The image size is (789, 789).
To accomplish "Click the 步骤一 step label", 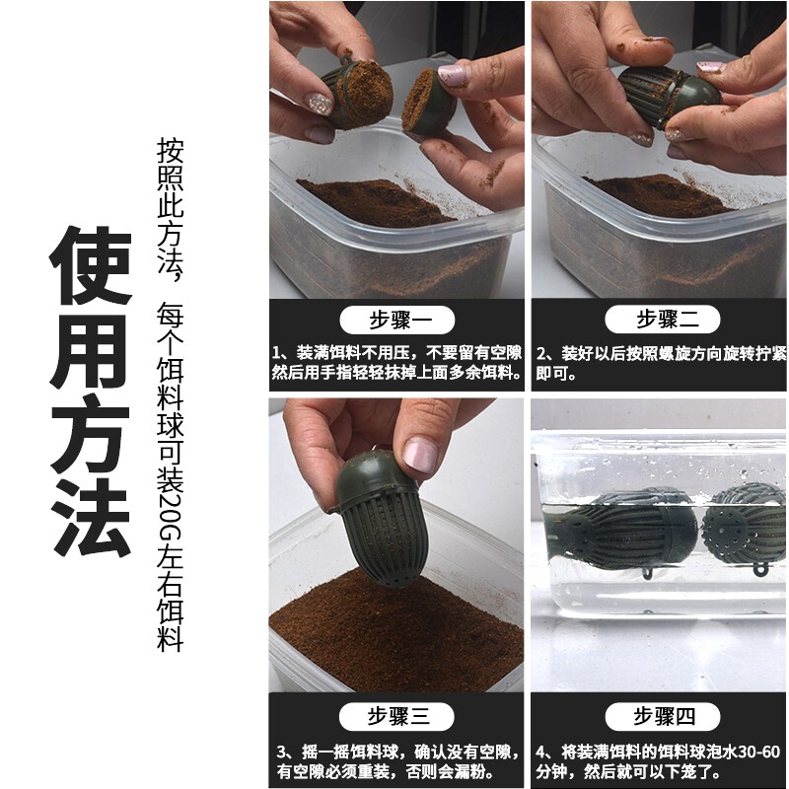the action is click(397, 320).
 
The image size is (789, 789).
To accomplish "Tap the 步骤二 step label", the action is click(662, 319).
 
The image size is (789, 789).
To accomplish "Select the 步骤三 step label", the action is click(396, 716).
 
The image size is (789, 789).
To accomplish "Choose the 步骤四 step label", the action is click(663, 716).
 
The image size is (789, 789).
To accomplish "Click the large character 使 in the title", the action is click(91, 265).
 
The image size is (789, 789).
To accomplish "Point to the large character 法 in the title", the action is click(91, 517).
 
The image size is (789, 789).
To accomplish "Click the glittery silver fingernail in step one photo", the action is click(320, 105).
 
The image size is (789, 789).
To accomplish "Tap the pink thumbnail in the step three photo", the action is click(420, 455).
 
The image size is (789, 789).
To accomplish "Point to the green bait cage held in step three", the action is click(378, 519).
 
